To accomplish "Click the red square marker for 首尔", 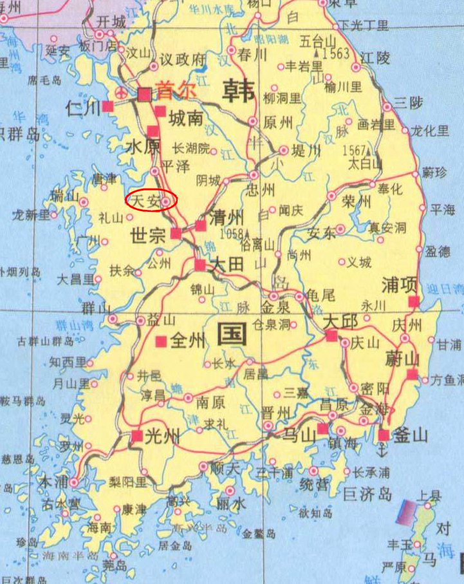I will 145,94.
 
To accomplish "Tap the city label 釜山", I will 411,435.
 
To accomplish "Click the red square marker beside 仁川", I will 107,106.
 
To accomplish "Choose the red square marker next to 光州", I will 136,436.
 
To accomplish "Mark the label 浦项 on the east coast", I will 400,285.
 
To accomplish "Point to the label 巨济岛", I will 367,494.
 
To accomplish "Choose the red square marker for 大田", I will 200,264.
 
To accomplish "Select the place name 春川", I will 252,53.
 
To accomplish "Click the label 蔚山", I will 404,357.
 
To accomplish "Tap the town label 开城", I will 110,21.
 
